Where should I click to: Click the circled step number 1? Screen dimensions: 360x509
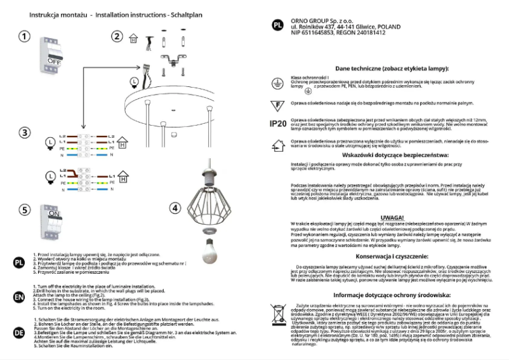[x=24, y=36]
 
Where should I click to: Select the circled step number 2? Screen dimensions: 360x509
[x=117, y=36]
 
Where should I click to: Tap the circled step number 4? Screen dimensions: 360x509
[x=175, y=208]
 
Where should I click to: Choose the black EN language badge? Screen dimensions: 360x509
[x=19, y=297]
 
